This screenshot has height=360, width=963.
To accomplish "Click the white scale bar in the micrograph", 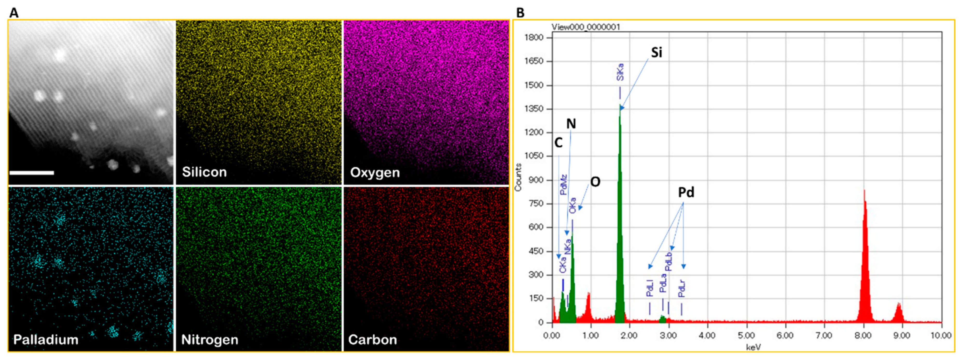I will click(x=32, y=173).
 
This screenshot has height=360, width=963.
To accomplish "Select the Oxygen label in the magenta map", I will click(x=375, y=172).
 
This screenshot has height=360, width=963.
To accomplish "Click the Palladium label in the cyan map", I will click(x=46, y=340).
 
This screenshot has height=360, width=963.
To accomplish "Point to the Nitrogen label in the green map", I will click(x=210, y=340).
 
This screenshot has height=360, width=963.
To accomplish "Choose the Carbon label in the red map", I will click(x=372, y=340).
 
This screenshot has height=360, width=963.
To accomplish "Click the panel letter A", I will click(x=14, y=13).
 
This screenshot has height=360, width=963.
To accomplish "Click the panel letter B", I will click(x=520, y=13).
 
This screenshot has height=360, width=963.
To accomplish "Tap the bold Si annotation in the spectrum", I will click(x=657, y=53).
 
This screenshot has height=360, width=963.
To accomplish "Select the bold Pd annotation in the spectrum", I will click(x=686, y=192).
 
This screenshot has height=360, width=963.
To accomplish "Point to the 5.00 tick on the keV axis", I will click(x=746, y=335).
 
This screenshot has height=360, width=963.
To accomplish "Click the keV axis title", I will click(x=753, y=347).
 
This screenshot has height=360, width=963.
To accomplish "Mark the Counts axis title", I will click(x=518, y=178).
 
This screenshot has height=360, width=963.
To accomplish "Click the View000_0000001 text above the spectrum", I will click(x=585, y=27).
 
